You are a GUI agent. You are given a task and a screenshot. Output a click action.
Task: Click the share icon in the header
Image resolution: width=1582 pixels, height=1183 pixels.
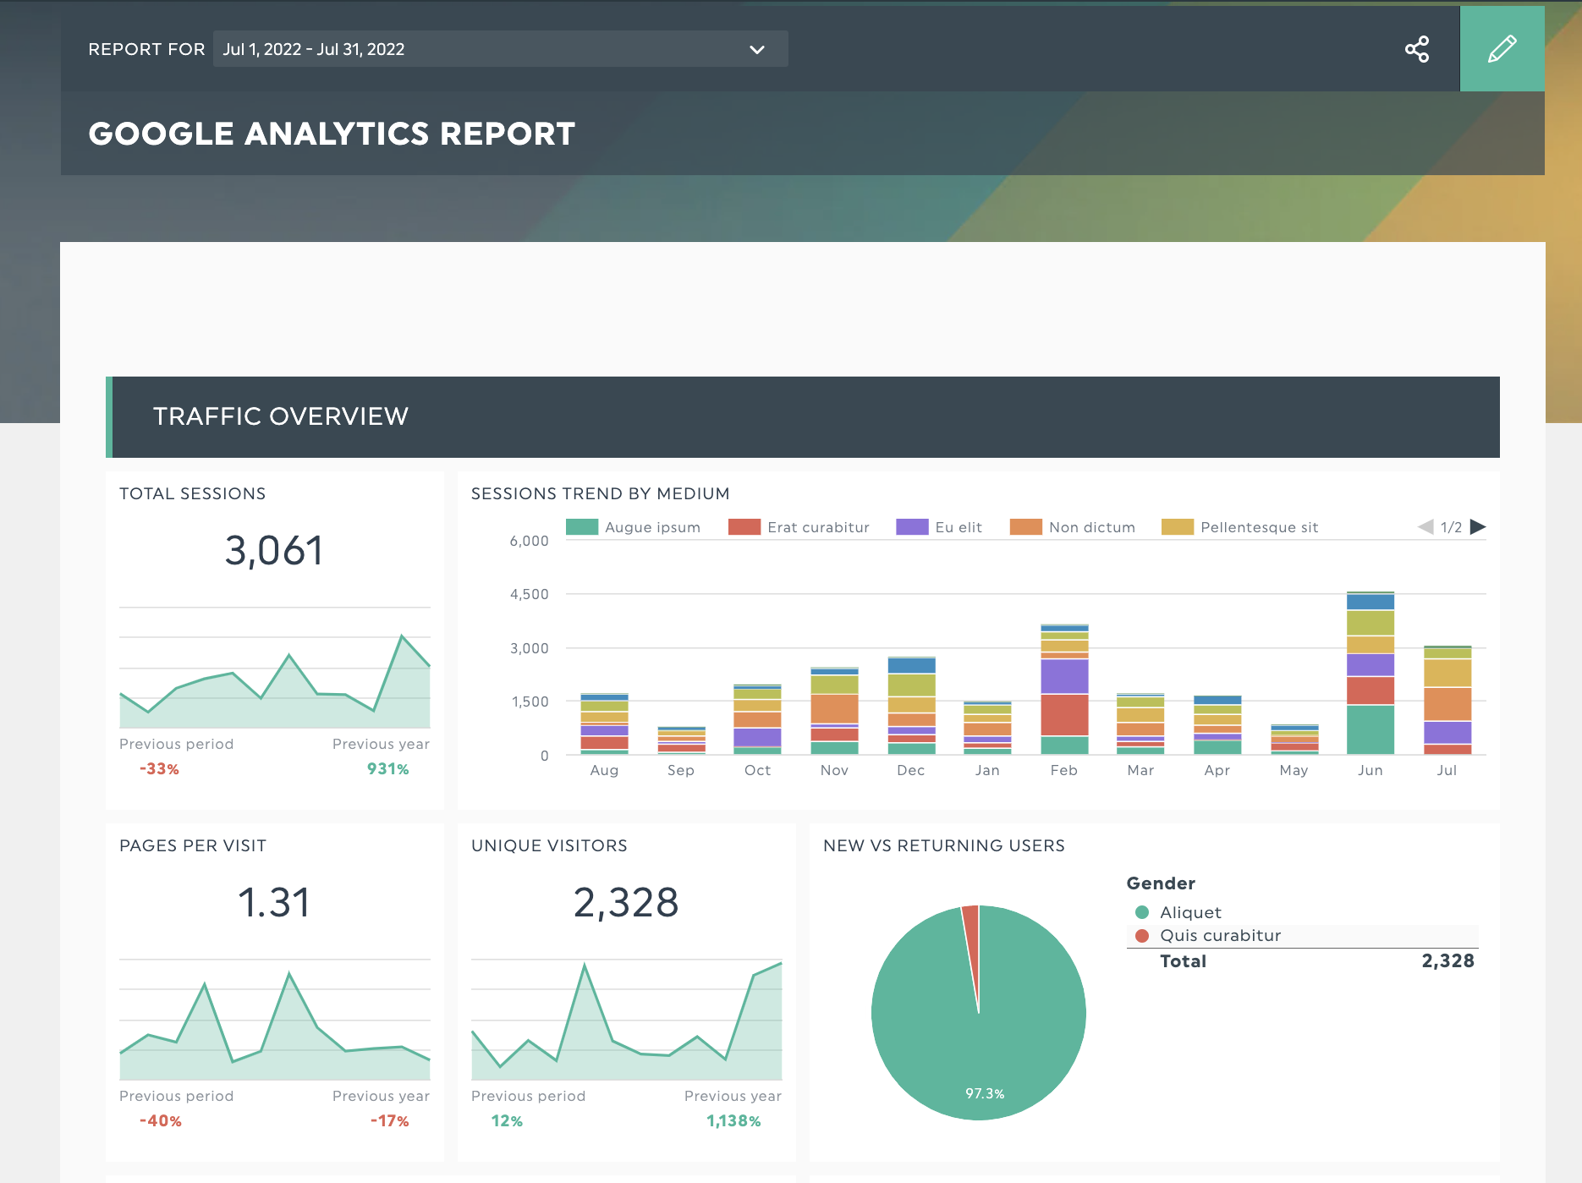pos(1417,49)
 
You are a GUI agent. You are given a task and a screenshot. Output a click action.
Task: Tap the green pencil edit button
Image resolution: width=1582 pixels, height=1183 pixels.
pos(1502,49)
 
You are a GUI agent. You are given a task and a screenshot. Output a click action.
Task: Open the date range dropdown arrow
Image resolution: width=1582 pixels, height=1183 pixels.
pos(756,50)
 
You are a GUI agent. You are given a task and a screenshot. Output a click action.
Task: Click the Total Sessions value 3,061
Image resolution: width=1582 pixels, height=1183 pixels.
pos(274,551)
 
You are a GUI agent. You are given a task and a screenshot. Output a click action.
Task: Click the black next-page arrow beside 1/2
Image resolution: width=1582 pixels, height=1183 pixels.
pos(1478,527)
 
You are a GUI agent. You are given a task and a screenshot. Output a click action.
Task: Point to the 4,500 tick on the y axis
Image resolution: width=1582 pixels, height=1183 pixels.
pos(529,594)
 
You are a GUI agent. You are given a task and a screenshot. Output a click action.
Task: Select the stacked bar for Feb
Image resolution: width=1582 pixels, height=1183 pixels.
pos(1064,690)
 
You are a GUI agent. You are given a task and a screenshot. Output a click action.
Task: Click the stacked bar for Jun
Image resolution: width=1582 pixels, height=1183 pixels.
pos(1371,674)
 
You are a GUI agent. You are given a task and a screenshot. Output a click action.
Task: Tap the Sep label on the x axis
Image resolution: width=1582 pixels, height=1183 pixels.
pos(680,770)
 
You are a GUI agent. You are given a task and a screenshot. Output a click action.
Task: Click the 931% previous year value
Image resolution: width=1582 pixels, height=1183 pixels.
pos(387,769)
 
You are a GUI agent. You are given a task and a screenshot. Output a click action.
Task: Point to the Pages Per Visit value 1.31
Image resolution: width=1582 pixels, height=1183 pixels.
pos(274,903)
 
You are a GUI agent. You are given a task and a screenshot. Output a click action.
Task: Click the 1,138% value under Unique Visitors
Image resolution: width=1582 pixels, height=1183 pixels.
pos(733,1121)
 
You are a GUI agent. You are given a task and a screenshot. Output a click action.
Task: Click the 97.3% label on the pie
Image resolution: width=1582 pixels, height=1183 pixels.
pos(985,1093)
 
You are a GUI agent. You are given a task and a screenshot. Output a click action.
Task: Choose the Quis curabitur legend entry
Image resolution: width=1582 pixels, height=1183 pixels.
pos(1219,935)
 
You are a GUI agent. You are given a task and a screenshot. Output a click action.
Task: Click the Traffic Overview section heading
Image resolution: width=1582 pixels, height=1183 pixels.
pos(280,416)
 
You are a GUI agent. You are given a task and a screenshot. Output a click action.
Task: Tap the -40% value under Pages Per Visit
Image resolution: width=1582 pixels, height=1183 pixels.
pos(160,1121)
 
